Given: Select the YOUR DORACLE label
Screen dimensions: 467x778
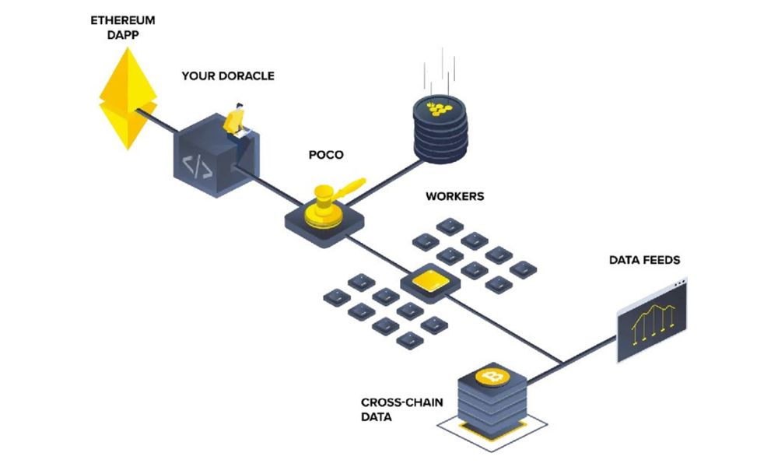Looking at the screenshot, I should (228, 76).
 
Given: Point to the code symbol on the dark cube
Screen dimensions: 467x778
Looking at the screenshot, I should (195, 164).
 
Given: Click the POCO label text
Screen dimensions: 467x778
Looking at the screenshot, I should (325, 155).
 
